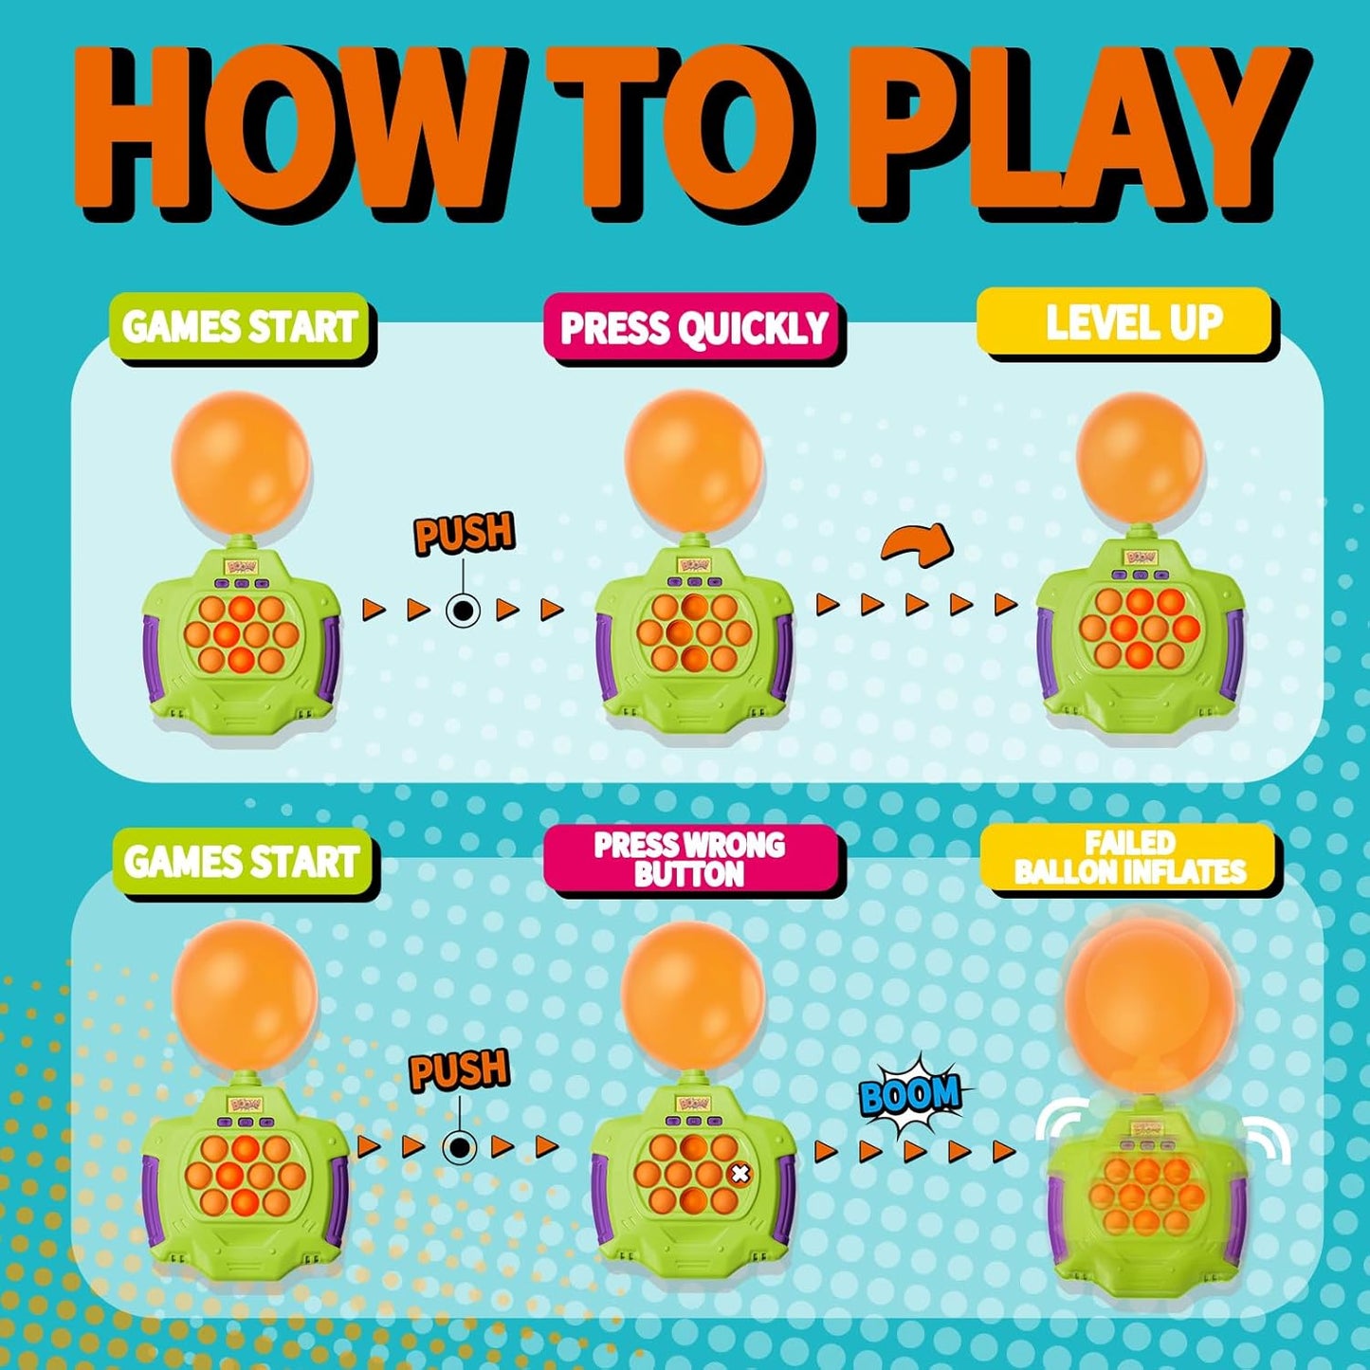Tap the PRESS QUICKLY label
click(x=694, y=328)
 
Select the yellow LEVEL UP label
click(x=1128, y=323)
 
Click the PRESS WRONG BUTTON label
click(x=690, y=859)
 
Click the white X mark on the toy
click(x=740, y=1174)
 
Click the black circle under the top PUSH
click(x=463, y=611)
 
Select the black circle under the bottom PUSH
click(x=460, y=1148)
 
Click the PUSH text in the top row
click(x=464, y=534)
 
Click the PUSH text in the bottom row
click(x=460, y=1069)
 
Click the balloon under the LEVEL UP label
click(x=1141, y=457)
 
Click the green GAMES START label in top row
click(x=241, y=327)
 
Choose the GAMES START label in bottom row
click(x=243, y=862)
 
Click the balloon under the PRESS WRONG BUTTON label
click(x=693, y=991)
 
